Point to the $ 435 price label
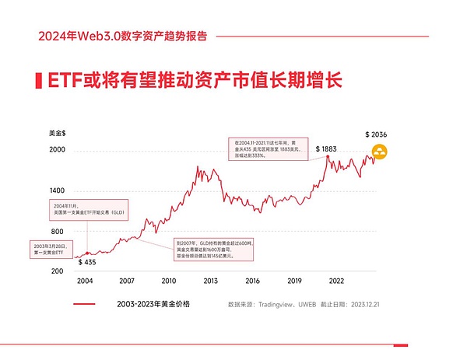(x=87, y=262)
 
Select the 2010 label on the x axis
(x=168, y=281)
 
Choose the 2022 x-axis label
(x=337, y=281)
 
